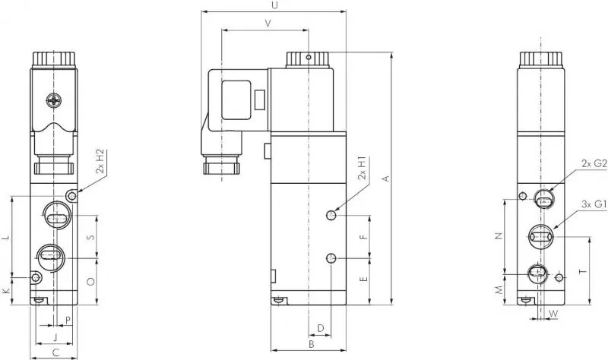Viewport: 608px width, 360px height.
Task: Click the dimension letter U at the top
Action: pyautogui.click(x=274, y=5)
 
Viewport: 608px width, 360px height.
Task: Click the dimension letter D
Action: pyautogui.click(x=321, y=328)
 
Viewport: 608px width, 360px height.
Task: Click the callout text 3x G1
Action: pyautogui.click(x=592, y=204)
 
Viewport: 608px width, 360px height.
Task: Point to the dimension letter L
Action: pyautogui.click(x=6, y=238)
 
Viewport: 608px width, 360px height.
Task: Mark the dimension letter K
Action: pyautogui.click(x=6, y=292)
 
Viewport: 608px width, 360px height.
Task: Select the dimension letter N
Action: pyautogui.click(x=499, y=235)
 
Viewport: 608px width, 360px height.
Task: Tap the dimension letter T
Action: pyautogui.click(x=582, y=271)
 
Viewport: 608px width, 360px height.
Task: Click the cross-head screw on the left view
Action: pyautogui.click(x=54, y=99)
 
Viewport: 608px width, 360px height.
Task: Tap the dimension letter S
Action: pyautogui.click(x=90, y=238)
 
